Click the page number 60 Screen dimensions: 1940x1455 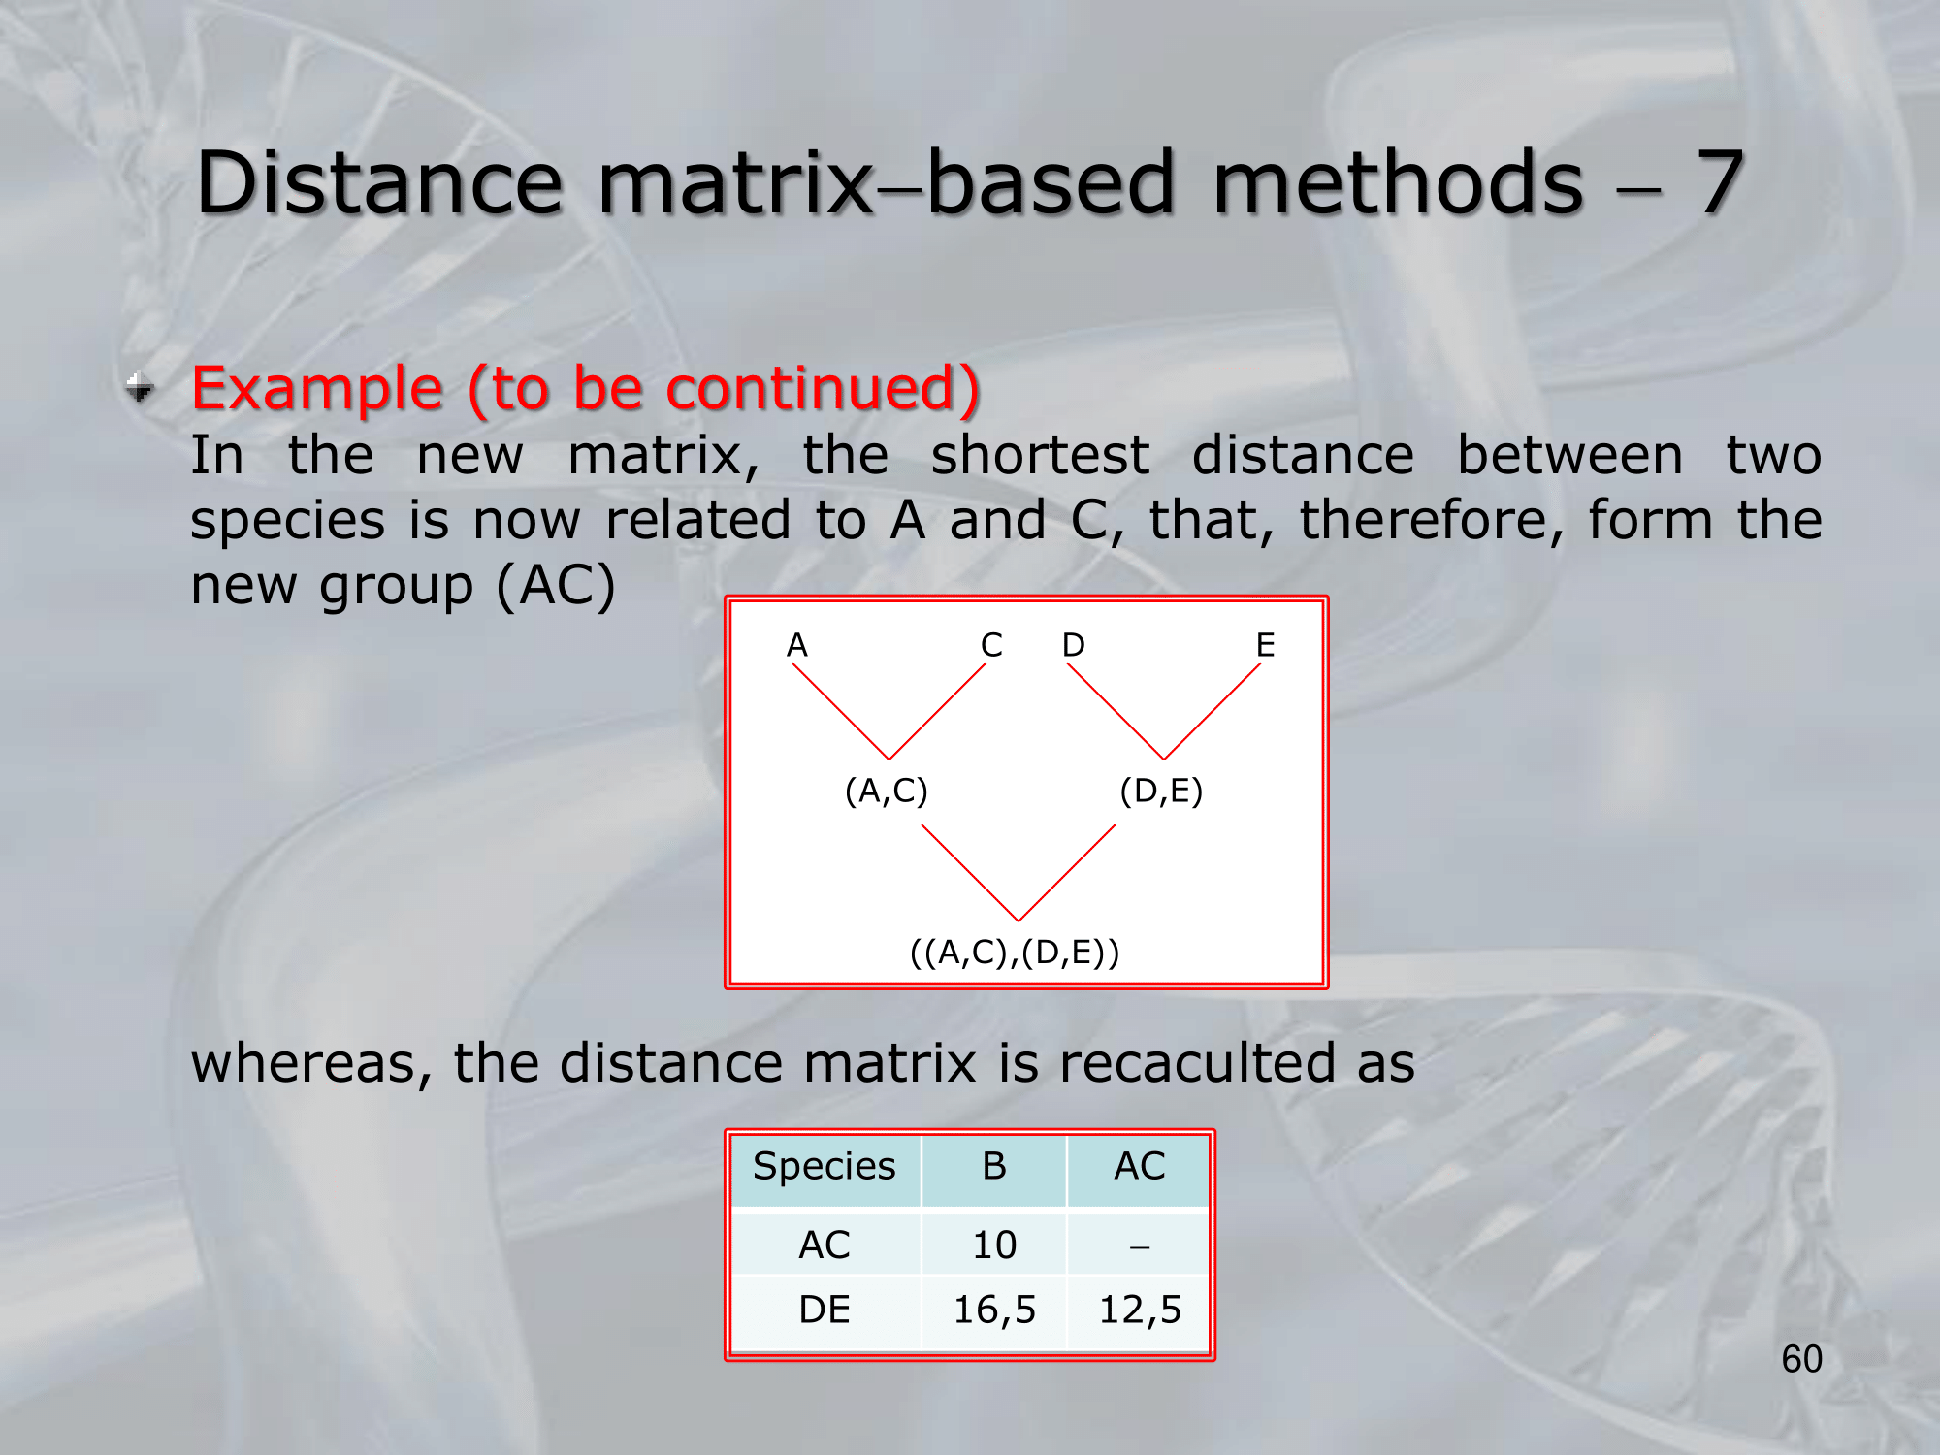pyautogui.click(x=1801, y=1359)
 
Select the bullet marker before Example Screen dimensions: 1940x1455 pyautogui.click(x=140, y=387)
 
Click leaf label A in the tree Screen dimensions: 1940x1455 pyautogui.click(x=796, y=645)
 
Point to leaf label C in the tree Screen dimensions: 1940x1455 pyautogui.click(x=991, y=645)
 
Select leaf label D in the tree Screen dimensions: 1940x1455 pyautogui.click(x=1073, y=645)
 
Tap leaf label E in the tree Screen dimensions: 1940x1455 pyautogui.click(x=1265, y=645)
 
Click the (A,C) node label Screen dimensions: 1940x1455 pyautogui.click(x=887, y=792)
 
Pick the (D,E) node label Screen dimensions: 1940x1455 pyautogui.click(x=1161, y=792)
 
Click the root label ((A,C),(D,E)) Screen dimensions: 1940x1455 pyautogui.click(x=1015, y=953)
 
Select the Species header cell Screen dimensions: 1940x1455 pyautogui.click(x=824, y=1168)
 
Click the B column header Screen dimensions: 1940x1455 pyautogui.click(x=994, y=1168)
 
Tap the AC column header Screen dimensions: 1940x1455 pyautogui.click(x=1139, y=1168)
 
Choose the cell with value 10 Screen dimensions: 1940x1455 pyautogui.click(x=994, y=1245)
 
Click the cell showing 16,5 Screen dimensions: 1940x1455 pyautogui.click(x=994, y=1310)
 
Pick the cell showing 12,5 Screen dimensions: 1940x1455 pyautogui.click(x=1139, y=1310)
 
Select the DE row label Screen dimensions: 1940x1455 pyautogui.click(x=824, y=1310)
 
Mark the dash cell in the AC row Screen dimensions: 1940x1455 pyautogui.click(x=1139, y=1245)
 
